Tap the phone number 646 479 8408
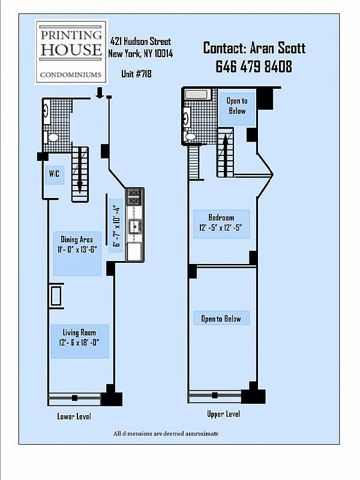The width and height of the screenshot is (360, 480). [254, 67]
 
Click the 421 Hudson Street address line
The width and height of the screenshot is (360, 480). [140, 41]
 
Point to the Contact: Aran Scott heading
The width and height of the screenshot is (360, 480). [254, 48]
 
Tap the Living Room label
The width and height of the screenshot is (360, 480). [80, 337]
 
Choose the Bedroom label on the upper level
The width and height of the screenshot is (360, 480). [221, 222]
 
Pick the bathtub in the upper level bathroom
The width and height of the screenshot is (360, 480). [196, 94]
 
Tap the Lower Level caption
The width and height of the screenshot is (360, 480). [74, 416]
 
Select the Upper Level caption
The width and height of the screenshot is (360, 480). [224, 413]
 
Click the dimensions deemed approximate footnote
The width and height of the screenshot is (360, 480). [166, 433]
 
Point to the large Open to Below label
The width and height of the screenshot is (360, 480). [221, 319]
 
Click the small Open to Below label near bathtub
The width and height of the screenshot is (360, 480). [236, 106]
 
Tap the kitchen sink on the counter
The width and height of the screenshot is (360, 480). [135, 226]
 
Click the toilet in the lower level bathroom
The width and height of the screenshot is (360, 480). [53, 137]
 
